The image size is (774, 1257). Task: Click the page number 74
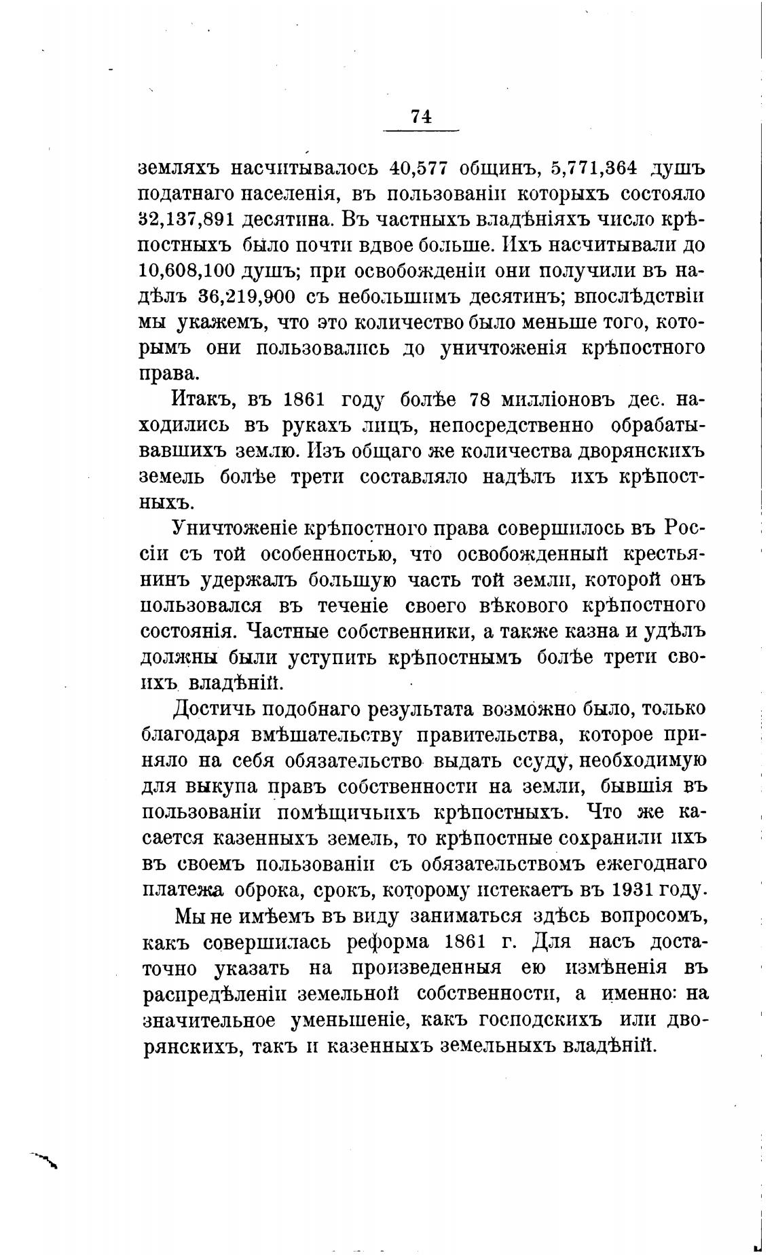click(421, 116)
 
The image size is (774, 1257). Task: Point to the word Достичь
click(214, 709)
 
